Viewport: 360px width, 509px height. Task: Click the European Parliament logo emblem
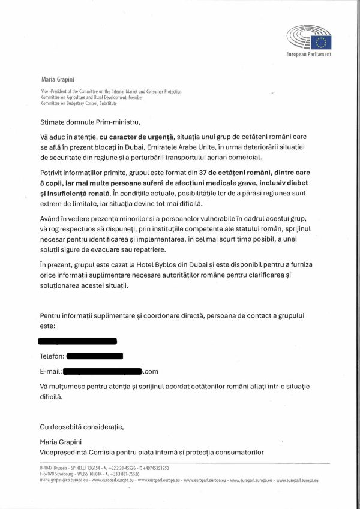[x=309, y=38]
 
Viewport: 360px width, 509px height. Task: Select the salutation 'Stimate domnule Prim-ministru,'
[x=89, y=122]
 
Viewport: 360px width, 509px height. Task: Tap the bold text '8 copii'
[x=54, y=183]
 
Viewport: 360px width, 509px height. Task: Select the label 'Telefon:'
[x=52, y=356]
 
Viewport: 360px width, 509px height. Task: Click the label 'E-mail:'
[x=50, y=372]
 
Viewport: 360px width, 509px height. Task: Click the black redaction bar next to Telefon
[x=95, y=356]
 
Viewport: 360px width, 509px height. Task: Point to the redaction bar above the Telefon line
[x=77, y=341]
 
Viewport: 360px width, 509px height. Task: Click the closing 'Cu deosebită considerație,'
[x=81, y=427]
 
